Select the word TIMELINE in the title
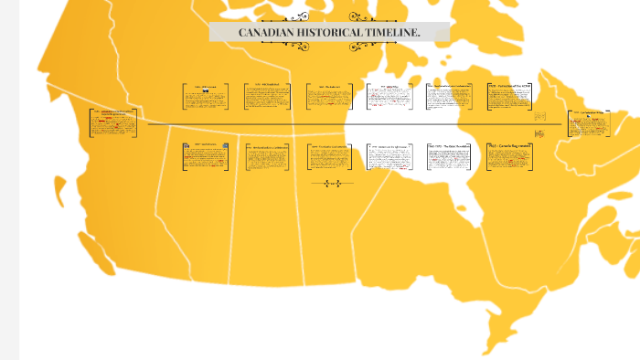[392, 32]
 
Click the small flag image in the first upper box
[207, 91]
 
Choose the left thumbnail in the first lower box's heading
[187, 145]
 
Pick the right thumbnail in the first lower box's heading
[224, 145]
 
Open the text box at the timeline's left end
[113, 123]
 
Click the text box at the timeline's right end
[590, 123]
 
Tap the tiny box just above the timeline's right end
[540, 117]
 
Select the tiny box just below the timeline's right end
[539, 133]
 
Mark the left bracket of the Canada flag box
[488, 156]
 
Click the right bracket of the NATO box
[535, 97]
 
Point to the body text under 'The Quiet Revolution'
[451, 159]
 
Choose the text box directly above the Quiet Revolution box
[451, 97]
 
